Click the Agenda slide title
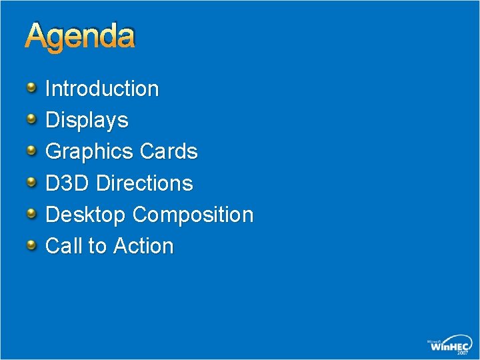coord(80,37)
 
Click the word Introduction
coord(102,89)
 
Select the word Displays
coord(87,121)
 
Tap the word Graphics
coord(89,152)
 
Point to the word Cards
coord(169,152)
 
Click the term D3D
coord(67,183)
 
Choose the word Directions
coord(145,183)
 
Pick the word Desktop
coord(85,215)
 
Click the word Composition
coord(193,215)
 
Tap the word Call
coord(64,246)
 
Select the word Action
coord(143,246)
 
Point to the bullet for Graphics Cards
coord(32,151)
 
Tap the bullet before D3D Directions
coord(32,182)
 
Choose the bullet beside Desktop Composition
coord(32,213)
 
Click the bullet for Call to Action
coord(32,245)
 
